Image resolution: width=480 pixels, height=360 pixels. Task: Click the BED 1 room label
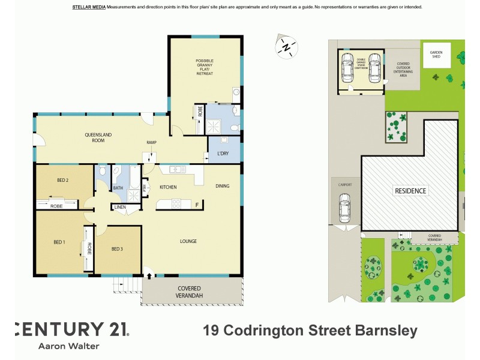coord(59,242)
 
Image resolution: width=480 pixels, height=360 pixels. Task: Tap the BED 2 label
coord(62,181)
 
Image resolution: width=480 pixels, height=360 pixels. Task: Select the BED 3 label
coord(118,249)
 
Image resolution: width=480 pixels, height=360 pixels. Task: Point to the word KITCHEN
coord(168,187)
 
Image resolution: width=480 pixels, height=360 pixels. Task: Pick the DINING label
coord(223,186)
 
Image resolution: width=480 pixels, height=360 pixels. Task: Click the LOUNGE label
coord(188,241)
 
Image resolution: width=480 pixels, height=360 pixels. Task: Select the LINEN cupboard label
coord(120,208)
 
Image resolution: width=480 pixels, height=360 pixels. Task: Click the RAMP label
coord(152,143)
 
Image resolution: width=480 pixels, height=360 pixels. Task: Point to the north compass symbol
coord(287,46)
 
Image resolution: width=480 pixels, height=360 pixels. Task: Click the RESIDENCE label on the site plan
coord(410,191)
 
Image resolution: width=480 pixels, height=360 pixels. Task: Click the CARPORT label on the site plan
coord(344,185)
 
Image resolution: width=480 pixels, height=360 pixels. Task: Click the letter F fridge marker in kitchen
coord(197,205)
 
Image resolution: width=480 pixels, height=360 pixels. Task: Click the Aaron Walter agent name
coord(68,346)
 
